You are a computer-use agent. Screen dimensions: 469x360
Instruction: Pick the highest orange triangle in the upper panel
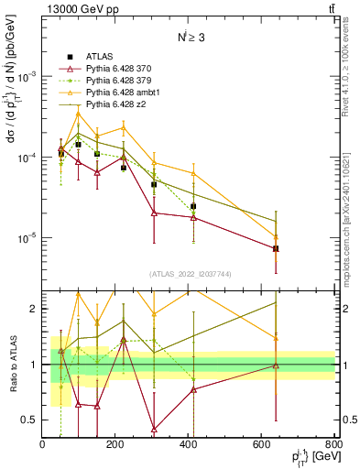pyautogui.click(x=79, y=114)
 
